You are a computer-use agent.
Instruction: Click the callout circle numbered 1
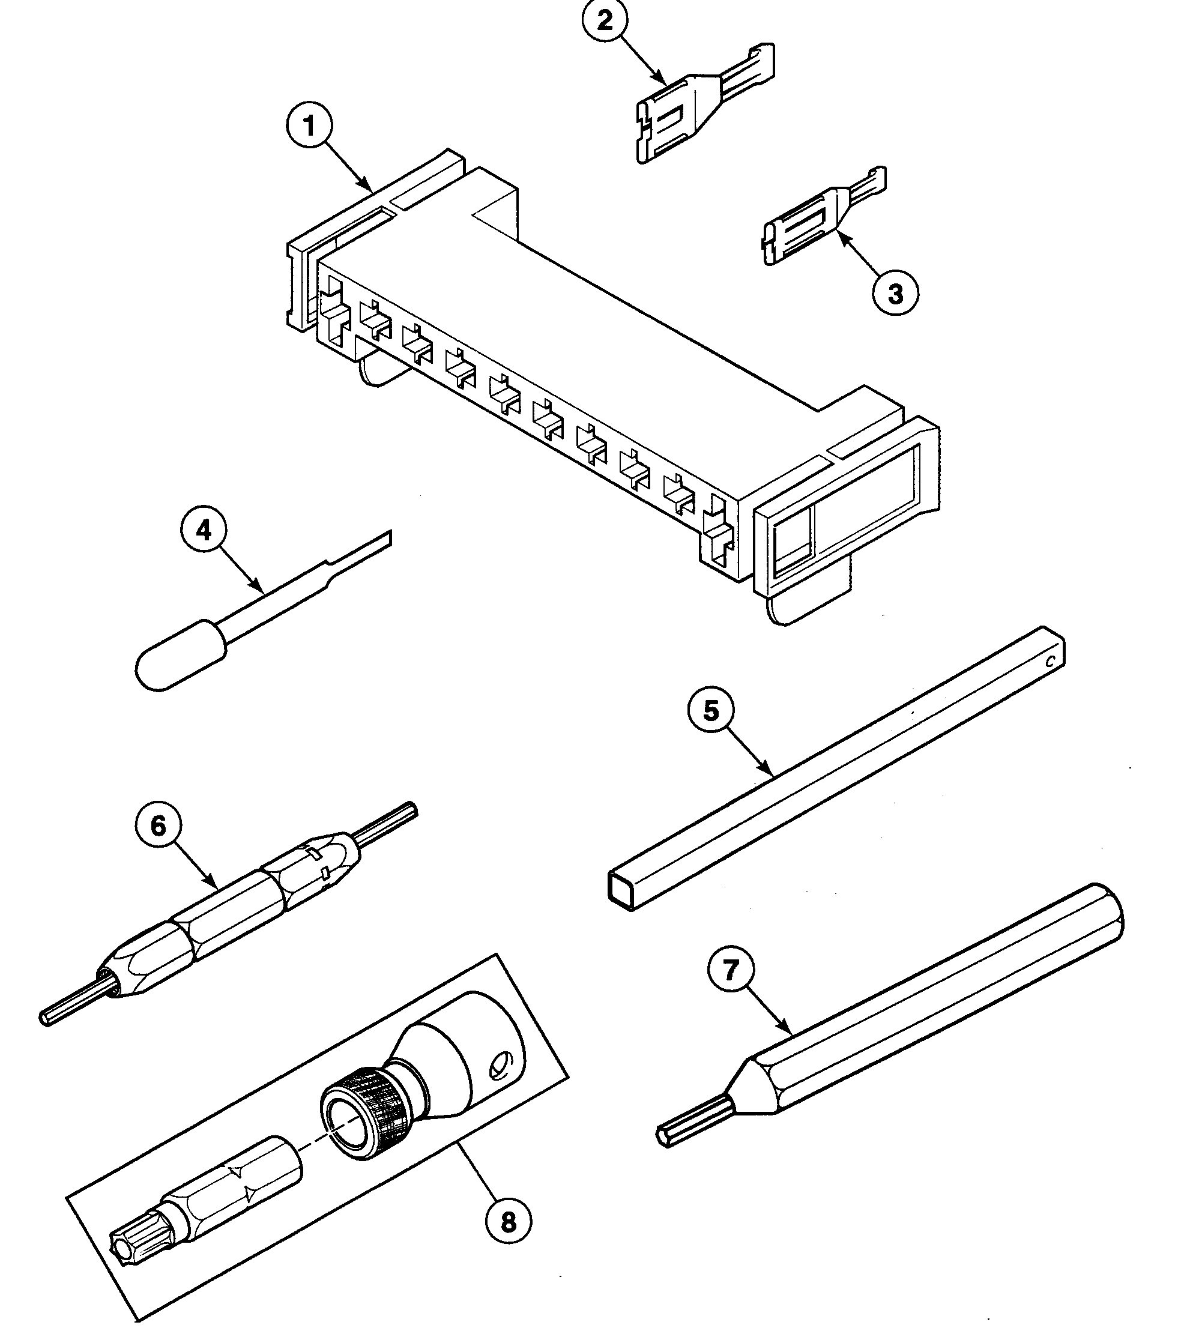(x=309, y=126)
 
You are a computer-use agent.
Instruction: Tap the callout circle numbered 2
(x=605, y=22)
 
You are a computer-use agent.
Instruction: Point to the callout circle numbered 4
(x=204, y=531)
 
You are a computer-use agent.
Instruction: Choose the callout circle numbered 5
(x=711, y=710)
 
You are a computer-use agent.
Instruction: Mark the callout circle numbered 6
(x=159, y=826)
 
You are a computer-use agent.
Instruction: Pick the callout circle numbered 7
(x=731, y=970)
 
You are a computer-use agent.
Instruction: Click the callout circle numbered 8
(x=509, y=1222)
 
